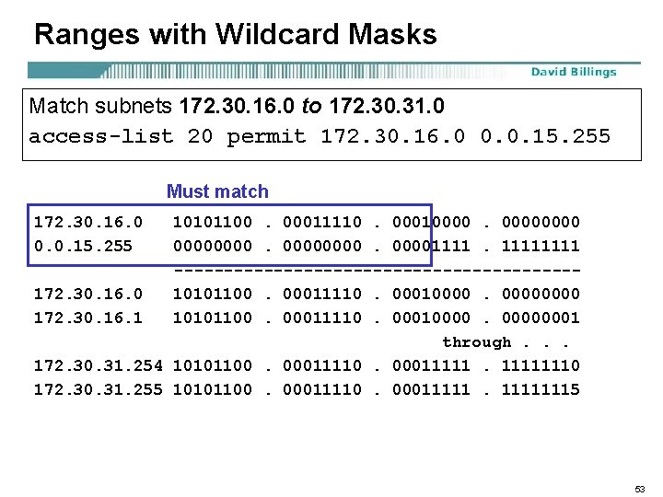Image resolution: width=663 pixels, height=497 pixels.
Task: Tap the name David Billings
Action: tap(573, 72)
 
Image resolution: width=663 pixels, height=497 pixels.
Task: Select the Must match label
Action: tap(217, 191)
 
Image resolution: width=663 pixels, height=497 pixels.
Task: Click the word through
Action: tap(477, 342)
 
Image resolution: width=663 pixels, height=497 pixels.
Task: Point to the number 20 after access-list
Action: tap(199, 137)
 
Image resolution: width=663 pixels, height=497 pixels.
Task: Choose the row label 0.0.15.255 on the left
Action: tap(83, 246)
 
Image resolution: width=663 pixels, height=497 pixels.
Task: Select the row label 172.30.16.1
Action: tap(88, 318)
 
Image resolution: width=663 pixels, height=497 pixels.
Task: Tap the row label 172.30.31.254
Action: tap(98, 365)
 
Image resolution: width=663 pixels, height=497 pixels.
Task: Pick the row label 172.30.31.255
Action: tap(98, 389)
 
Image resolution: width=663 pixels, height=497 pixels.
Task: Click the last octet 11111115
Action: tap(541, 389)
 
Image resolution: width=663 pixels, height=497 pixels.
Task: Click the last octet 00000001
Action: tap(541, 318)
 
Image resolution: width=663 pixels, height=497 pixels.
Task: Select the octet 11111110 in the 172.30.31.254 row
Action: tap(541, 365)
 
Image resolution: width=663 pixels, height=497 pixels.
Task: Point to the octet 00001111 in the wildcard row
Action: tap(431, 246)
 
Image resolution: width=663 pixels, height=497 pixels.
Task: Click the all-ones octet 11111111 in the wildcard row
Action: tap(541, 246)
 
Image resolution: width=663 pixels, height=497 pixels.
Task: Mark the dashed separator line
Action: tap(377, 270)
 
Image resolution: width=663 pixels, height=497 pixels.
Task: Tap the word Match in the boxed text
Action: tap(57, 106)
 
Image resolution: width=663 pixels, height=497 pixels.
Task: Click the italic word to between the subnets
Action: tap(311, 106)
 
